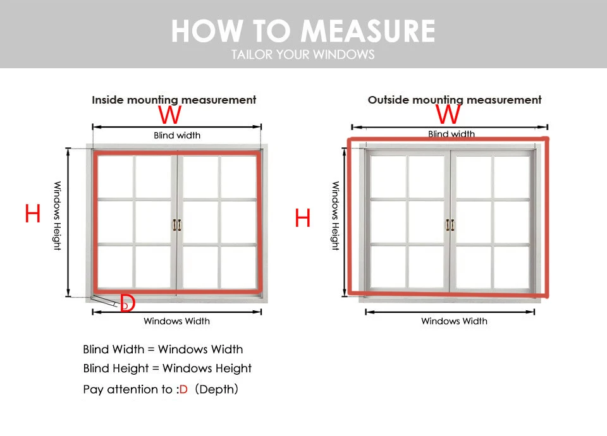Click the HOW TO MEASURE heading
click(303, 31)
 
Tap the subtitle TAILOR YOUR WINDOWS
click(303, 54)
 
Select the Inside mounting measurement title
click(174, 100)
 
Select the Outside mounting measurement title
click(455, 100)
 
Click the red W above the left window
click(170, 115)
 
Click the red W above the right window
click(448, 114)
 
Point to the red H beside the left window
click(33, 215)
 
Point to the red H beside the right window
click(303, 219)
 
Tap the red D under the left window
click(128, 303)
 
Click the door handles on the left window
click(177, 225)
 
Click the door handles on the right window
click(450, 225)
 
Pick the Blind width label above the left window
click(177, 135)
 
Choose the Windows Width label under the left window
click(176, 321)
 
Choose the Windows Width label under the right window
click(454, 321)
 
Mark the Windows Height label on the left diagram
click(57, 215)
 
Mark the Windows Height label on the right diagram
click(335, 215)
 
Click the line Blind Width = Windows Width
click(162, 349)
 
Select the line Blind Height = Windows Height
click(167, 368)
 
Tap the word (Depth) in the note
click(217, 389)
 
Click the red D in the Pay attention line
click(183, 389)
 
